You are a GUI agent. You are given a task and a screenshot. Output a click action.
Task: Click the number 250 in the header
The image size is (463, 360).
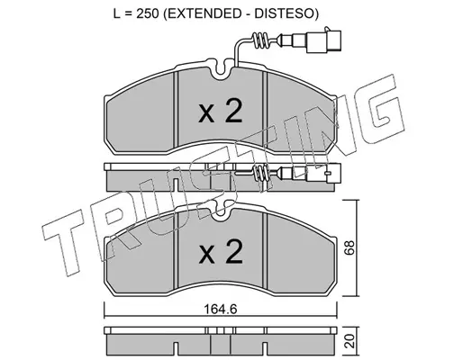pyautogui.click(x=148, y=13)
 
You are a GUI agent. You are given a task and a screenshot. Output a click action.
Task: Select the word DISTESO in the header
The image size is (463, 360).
pyautogui.click(x=284, y=13)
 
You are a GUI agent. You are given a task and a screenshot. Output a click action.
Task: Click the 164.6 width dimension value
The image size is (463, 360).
pyautogui.click(x=221, y=309)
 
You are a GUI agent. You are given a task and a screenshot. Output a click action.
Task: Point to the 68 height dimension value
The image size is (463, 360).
pyautogui.click(x=350, y=247)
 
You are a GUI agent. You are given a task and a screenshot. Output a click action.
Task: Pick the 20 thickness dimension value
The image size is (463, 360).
pyautogui.click(x=350, y=341)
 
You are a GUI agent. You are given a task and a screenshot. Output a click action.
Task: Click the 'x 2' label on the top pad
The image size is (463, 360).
pyautogui.click(x=221, y=112)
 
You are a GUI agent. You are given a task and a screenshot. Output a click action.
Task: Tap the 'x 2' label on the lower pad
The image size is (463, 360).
pyautogui.click(x=221, y=251)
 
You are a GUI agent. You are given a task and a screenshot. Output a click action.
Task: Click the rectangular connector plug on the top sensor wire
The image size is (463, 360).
pyautogui.click(x=323, y=41)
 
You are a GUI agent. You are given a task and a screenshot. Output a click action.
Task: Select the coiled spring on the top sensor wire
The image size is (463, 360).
pyautogui.click(x=260, y=40)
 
